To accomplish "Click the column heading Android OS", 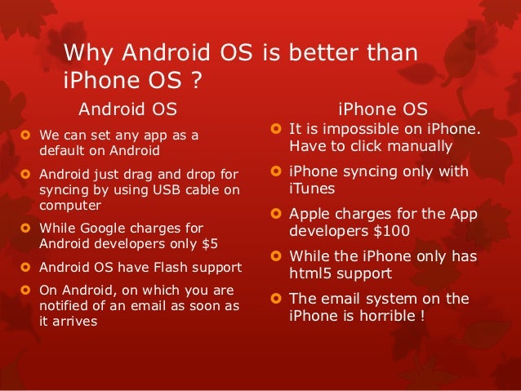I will click(x=127, y=109).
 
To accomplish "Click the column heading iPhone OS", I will click(x=382, y=109).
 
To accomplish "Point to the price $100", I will click(x=393, y=231).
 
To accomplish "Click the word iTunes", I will click(x=309, y=187).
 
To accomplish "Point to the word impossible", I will click(x=357, y=130).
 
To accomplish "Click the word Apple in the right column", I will click(x=309, y=215).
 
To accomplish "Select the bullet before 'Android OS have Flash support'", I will click(x=26, y=267).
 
